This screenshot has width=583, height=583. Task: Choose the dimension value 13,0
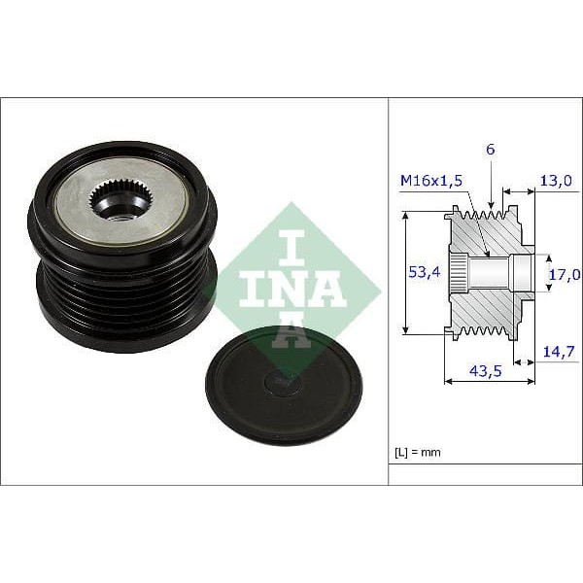coord(556,181)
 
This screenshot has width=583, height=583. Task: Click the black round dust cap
coord(283,385)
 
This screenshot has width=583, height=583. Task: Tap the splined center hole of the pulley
coord(120,202)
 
